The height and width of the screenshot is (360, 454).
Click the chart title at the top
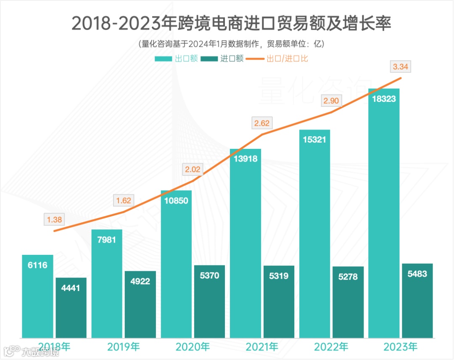[231, 24]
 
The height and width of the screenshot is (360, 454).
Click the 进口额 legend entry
[222, 59]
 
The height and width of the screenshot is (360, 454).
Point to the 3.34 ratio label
[401, 66]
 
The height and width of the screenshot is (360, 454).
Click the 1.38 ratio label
[54, 219]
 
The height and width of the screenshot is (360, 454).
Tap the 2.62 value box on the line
[261, 123]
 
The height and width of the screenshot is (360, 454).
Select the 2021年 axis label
[261, 347]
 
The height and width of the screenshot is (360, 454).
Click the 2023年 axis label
[400, 347]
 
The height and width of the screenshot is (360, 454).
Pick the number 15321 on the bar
[314, 140]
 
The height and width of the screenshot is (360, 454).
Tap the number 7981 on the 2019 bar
[107, 240]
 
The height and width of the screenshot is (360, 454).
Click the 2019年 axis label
[123, 347]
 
